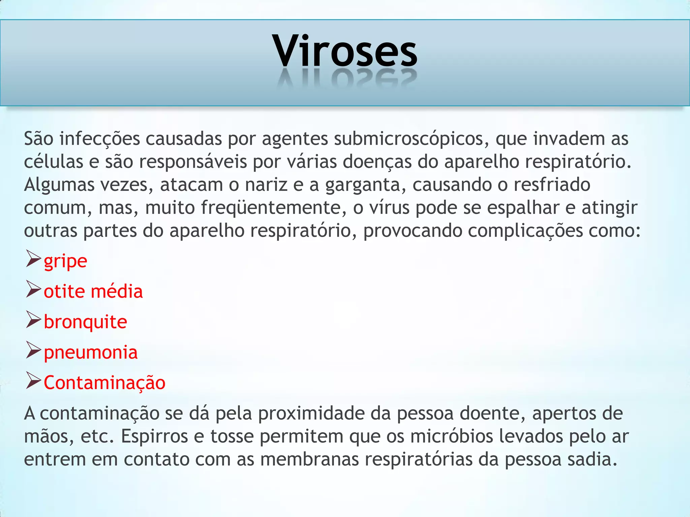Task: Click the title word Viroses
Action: pyautogui.click(x=345, y=51)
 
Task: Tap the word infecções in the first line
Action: pyautogui.click(x=99, y=139)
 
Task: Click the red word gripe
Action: pyautogui.click(x=65, y=261)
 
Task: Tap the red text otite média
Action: pyautogui.click(x=93, y=291)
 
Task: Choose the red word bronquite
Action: pyautogui.click(x=86, y=322)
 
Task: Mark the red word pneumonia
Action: pyautogui.click(x=91, y=352)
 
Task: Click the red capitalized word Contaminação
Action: pyautogui.click(x=104, y=383)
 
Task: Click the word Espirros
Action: pyautogui.click(x=154, y=436)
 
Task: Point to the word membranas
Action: pyautogui.click(x=310, y=459)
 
